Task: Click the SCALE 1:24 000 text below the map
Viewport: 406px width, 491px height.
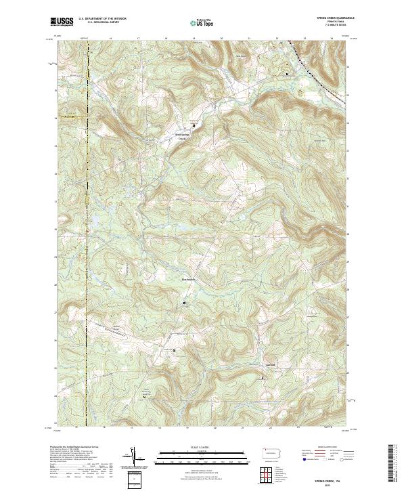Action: coord(202,448)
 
